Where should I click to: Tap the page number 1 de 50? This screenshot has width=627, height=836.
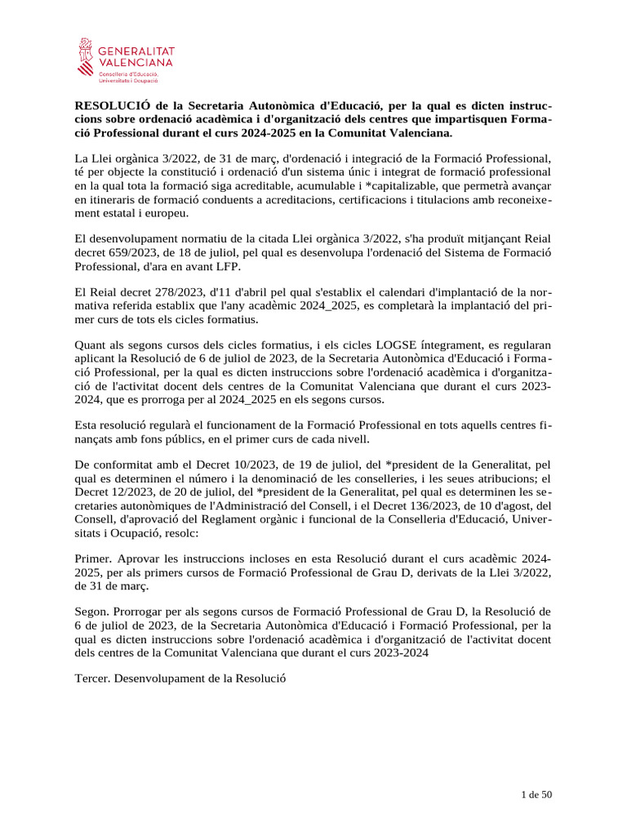[x=536, y=794]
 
